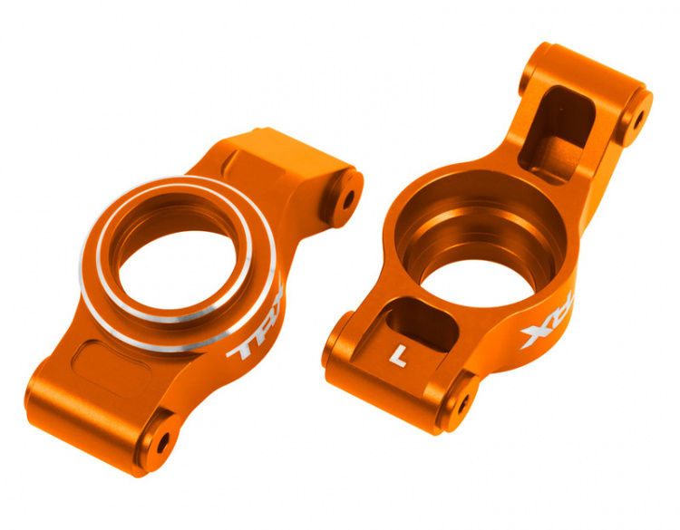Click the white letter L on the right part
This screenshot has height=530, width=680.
point(395,356)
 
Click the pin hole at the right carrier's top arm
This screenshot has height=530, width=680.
point(636,118)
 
